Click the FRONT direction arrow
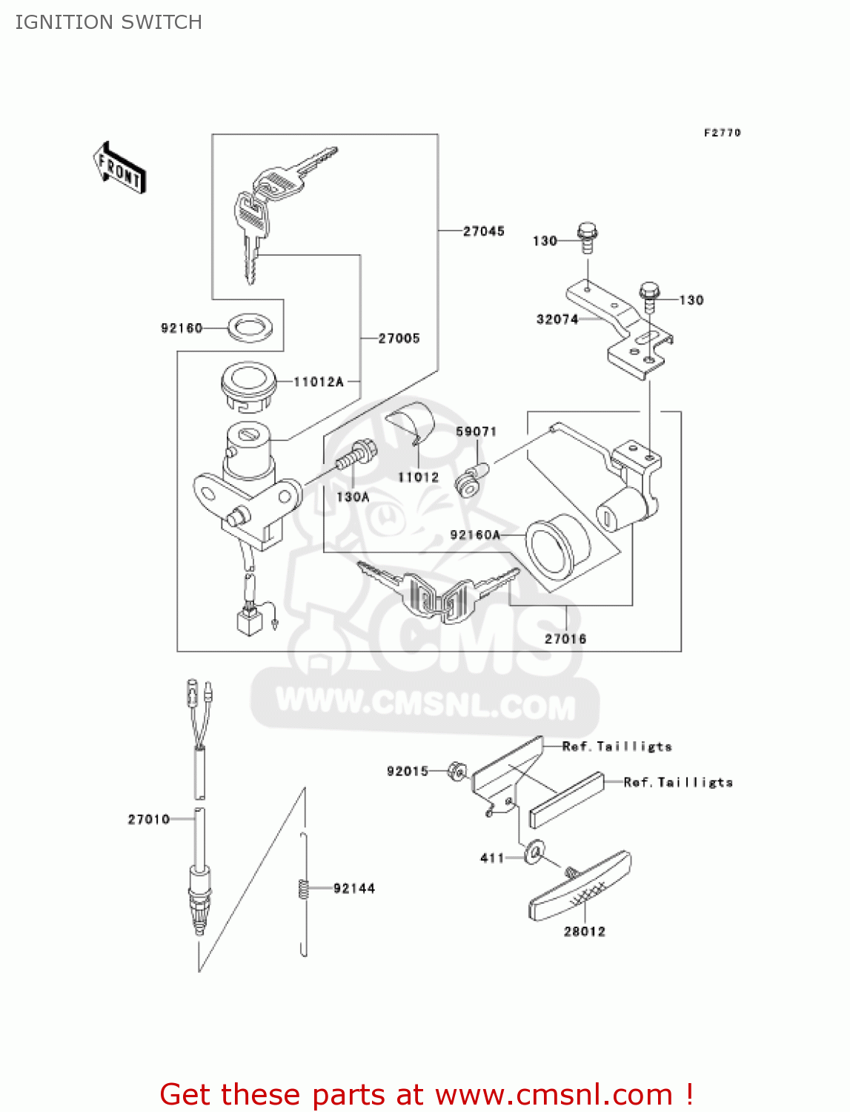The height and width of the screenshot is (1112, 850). (119, 168)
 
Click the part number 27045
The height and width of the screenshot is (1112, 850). (483, 231)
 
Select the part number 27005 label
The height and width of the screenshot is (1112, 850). (399, 339)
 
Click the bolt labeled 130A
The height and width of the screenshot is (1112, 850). (356, 454)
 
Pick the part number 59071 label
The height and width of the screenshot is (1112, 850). (476, 431)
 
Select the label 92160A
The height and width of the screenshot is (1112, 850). (475, 535)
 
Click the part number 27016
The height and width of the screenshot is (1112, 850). (565, 639)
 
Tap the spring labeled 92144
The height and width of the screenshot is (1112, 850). (303, 888)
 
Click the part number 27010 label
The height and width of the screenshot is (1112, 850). (149, 819)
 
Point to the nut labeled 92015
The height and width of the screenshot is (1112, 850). (457, 772)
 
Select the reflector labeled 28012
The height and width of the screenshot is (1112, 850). (580, 887)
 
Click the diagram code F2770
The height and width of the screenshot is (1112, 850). (722, 133)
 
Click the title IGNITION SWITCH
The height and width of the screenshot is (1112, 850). (108, 22)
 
